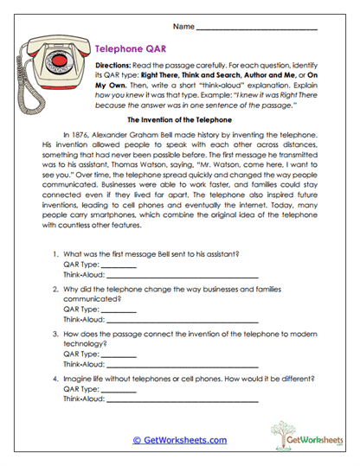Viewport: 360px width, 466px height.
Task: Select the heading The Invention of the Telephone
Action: [179, 119]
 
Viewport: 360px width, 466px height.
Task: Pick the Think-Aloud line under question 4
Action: [181, 400]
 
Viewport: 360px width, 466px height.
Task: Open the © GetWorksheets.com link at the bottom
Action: [179, 439]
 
